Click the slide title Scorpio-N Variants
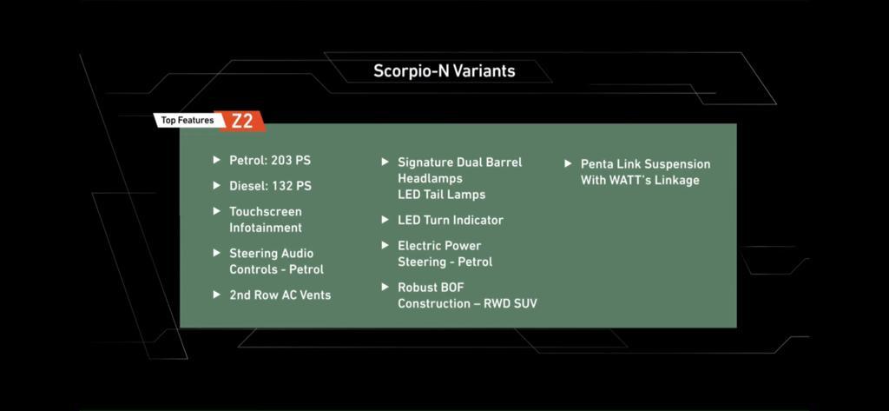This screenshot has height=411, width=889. (x=444, y=71)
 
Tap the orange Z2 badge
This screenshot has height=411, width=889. (x=241, y=121)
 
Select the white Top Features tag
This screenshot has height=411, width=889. (x=188, y=121)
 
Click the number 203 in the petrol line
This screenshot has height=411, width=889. (x=281, y=161)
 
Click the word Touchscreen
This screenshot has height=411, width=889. (x=266, y=212)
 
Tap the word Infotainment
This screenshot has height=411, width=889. (x=266, y=228)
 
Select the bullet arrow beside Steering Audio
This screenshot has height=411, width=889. (x=216, y=253)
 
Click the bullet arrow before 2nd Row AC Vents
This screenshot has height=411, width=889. (x=216, y=295)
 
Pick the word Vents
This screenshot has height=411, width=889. (x=314, y=295)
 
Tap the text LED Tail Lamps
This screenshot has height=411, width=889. (x=441, y=195)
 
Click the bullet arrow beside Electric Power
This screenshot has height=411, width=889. (x=385, y=245)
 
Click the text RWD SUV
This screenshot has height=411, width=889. (x=510, y=304)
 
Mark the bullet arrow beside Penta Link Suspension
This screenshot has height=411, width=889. (x=568, y=163)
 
